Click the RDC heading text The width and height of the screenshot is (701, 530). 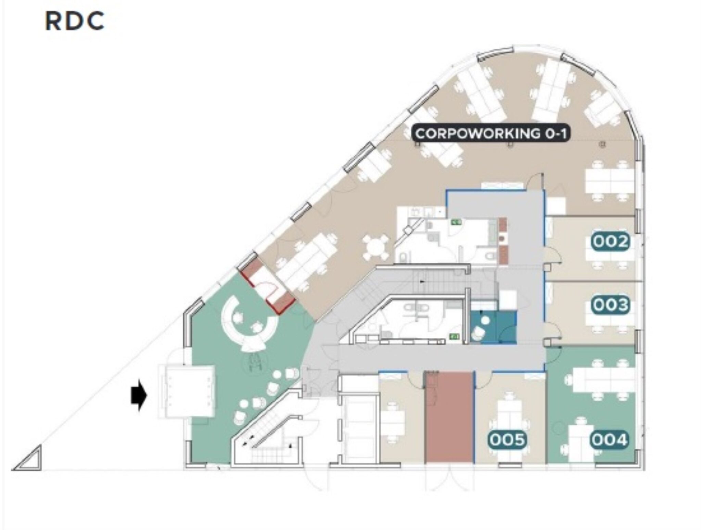(x=75, y=21)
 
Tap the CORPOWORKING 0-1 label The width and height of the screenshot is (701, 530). (x=491, y=133)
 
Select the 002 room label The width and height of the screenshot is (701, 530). (x=611, y=242)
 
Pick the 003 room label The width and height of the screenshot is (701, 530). (x=611, y=305)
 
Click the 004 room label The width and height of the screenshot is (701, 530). (x=610, y=440)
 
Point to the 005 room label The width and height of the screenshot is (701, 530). (x=507, y=440)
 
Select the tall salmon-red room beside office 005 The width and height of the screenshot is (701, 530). (x=449, y=417)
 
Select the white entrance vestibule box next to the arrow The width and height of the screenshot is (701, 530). (x=187, y=391)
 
